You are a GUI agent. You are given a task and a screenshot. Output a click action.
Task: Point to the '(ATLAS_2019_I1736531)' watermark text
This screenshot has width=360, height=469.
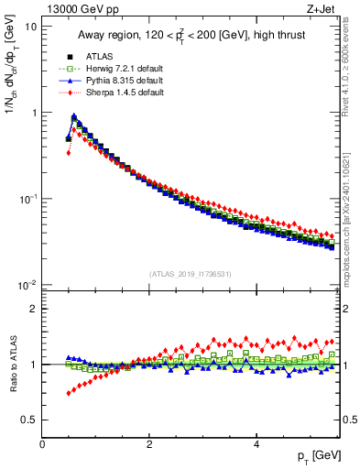[191, 273]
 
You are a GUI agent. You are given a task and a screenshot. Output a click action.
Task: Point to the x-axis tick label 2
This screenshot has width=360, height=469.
[149, 444]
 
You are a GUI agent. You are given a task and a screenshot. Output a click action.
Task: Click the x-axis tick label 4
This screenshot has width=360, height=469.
[256, 444]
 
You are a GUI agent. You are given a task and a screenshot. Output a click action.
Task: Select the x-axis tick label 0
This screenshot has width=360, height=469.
[43, 444]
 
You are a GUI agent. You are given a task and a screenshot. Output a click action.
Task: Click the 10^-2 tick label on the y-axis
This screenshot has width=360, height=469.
[27, 285]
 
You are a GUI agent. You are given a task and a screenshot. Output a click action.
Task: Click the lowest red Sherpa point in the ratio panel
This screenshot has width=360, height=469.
[69, 393]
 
